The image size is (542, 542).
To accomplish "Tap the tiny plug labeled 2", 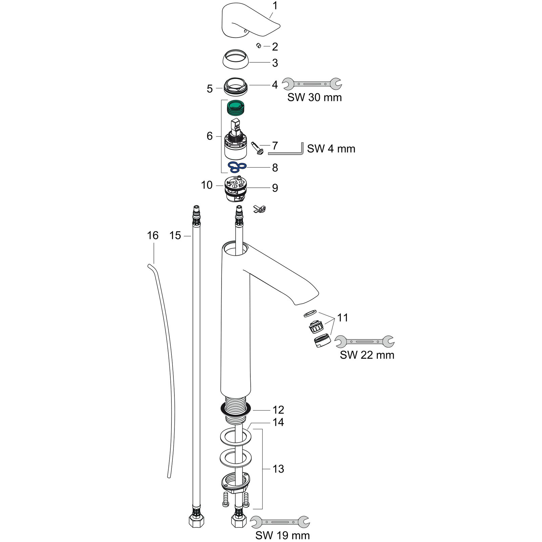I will click(258, 45).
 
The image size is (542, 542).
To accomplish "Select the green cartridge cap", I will click(236, 108).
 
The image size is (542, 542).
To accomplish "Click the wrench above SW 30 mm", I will click(312, 83).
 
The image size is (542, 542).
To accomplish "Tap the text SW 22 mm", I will click(367, 355).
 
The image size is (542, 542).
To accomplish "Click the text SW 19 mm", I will click(283, 535).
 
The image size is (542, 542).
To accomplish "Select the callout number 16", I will click(153, 235).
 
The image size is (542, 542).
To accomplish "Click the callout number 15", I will click(175, 235).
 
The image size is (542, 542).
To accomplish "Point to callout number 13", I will click(278, 469).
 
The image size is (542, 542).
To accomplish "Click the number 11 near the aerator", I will click(342, 318).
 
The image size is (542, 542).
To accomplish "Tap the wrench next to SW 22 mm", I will click(364, 341).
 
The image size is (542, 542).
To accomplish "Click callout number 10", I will click(207, 185).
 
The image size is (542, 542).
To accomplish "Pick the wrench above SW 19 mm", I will click(280, 522).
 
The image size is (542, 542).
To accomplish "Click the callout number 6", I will click(210, 136).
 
